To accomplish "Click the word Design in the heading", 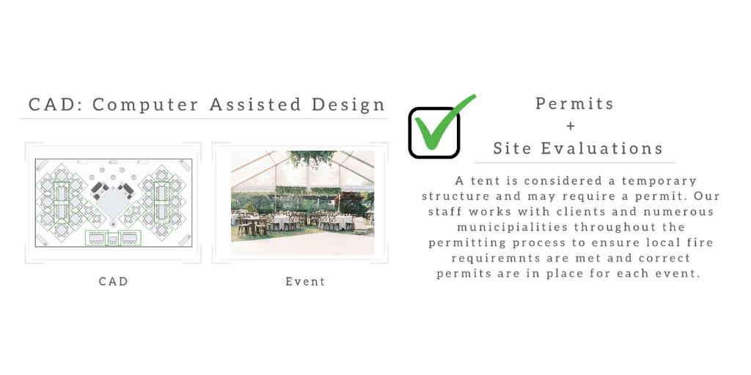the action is (x=348, y=105).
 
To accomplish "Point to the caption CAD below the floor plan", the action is (x=114, y=281).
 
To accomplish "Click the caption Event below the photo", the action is (x=305, y=281).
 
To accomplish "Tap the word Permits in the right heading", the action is (x=574, y=103).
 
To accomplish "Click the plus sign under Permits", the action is (x=570, y=126).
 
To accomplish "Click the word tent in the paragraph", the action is (x=484, y=182).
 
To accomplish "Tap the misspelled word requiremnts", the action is (x=498, y=259).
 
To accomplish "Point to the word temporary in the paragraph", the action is (x=659, y=182).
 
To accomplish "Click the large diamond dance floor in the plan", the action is (x=113, y=204).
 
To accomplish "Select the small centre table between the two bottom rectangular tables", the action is (x=113, y=240).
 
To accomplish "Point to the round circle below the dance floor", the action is (x=113, y=224).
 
